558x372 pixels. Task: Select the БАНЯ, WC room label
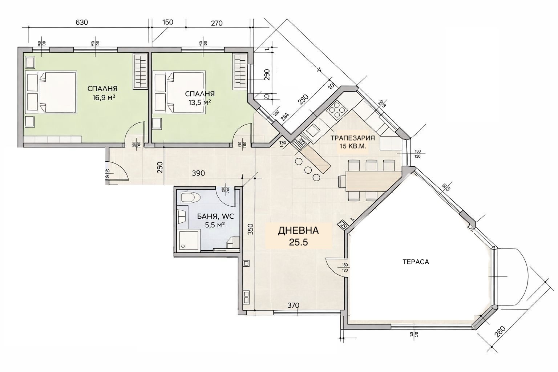pos(215,217)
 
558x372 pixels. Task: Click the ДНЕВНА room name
pos(298,230)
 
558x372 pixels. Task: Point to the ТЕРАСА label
pos(416,262)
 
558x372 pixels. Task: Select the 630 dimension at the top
pos(82,22)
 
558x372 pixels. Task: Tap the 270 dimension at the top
pos(216,23)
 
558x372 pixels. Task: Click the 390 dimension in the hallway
pos(198,173)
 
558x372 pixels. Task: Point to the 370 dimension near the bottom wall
pos(292,306)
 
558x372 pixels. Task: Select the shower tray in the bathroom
pos(189,240)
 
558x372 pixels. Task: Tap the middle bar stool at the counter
pos(308,170)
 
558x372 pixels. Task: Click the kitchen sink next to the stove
pos(312,129)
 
